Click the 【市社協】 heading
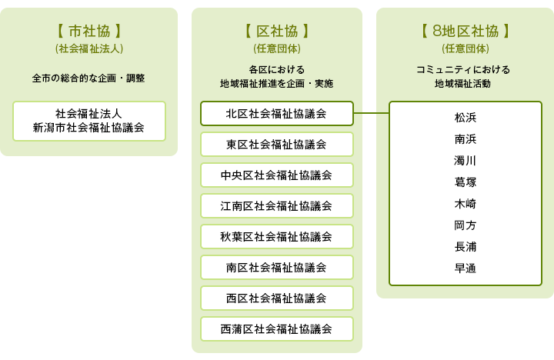pyautogui.click(x=89, y=31)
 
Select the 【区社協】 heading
pyautogui.click(x=277, y=31)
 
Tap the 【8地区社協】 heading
pyautogui.click(x=466, y=31)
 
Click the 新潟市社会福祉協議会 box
pyautogui.click(x=89, y=122)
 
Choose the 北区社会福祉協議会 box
pyautogui.click(x=277, y=113)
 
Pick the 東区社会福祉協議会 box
pyautogui.click(x=277, y=144)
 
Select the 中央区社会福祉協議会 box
pyautogui.click(x=277, y=175)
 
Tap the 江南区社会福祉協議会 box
pyautogui.click(x=277, y=205)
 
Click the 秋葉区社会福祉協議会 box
pyautogui.click(x=277, y=236)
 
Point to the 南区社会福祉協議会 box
pyautogui.click(x=277, y=268)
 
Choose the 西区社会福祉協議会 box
pyautogui.click(x=277, y=298)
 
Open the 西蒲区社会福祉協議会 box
pyautogui.click(x=277, y=329)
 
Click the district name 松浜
pyautogui.click(x=466, y=117)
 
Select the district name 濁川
pyautogui.click(x=466, y=161)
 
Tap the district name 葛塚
pyautogui.click(x=466, y=182)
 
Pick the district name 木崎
pyautogui.click(x=466, y=204)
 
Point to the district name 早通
pyautogui.click(x=466, y=268)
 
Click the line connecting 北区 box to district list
pyautogui.click(x=372, y=113)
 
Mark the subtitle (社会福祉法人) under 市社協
pyautogui.click(x=89, y=48)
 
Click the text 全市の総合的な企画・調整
pyautogui.click(x=88, y=78)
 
